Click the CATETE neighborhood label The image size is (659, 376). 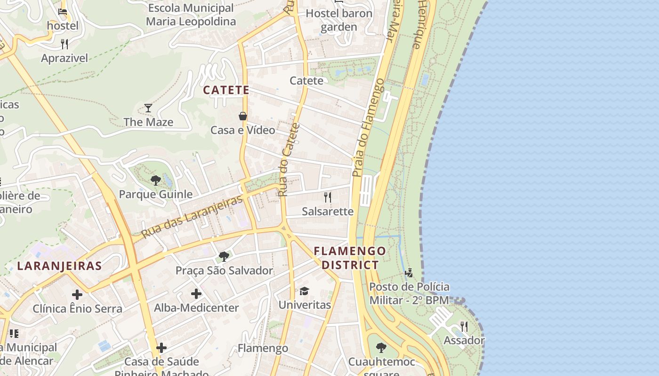(x=226, y=90)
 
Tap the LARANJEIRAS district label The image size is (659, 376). (x=59, y=266)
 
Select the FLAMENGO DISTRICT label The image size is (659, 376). (x=350, y=258)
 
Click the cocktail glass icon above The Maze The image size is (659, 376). (x=148, y=108)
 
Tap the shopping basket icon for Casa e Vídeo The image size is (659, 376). (x=243, y=116)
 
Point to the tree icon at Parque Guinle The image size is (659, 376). (x=155, y=180)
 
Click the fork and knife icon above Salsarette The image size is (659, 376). (x=328, y=197)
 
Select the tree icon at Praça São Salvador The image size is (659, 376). (x=224, y=257)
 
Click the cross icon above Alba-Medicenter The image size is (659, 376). (x=196, y=294)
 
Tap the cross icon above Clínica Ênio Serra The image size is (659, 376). (x=77, y=295)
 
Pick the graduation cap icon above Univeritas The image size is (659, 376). (x=304, y=291)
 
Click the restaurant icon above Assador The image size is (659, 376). (x=464, y=326)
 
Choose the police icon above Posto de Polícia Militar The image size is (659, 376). (x=409, y=273)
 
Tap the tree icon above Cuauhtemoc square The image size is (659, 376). (x=381, y=348)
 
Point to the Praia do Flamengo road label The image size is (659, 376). (x=368, y=128)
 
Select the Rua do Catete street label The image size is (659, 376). (x=289, y=160)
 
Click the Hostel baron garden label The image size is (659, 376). (x=339, y=20)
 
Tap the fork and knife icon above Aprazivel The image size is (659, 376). (x=64, y=44)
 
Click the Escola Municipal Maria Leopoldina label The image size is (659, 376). (x=191, y=15)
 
